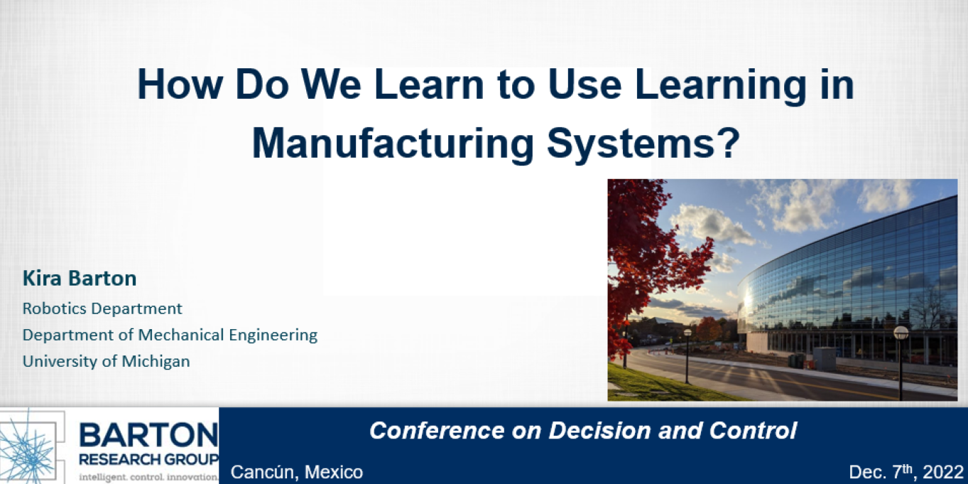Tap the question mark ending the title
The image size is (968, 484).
click(x=730, y=142)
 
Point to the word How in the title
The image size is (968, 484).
click(x=180, y=84)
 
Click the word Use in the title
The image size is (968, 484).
click(x=584, y=84)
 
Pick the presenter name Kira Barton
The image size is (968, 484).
click(x=80, y=278)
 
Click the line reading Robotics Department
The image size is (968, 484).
click(x=102, y=308)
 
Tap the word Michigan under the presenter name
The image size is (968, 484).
click(x=156, y=361)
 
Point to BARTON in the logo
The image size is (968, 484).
click(x=148, y=435)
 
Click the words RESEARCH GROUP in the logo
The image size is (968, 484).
click(x=149, y=459)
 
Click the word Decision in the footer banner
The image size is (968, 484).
click(x=600, y=431)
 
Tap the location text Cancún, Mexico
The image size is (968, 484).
click(x=297, y=472)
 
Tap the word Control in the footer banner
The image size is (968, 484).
click(x=753, y=431)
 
